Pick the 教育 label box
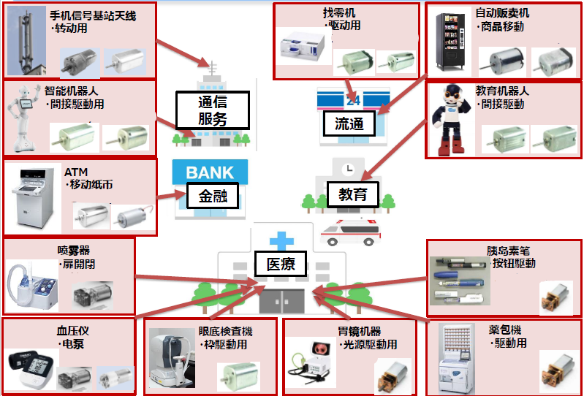(352, 194)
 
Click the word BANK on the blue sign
(210, 173)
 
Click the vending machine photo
(448, 42)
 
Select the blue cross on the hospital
(278, 240)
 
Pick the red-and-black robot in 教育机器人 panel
(449, 118)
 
